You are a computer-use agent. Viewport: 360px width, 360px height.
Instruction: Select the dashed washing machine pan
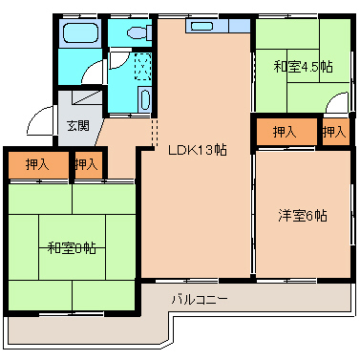click(142, 68)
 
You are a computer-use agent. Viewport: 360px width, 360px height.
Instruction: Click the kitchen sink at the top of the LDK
click(204, 26)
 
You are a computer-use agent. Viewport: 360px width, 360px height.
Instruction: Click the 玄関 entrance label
click(77, 125)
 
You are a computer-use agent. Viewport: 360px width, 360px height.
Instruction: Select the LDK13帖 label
click(197, 150)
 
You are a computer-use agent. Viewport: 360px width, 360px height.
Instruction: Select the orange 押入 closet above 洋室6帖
click(284, 132)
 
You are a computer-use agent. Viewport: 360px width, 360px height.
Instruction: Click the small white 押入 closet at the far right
click(334, 132)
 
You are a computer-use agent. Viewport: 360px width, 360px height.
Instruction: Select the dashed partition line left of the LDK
click(154, 131)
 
